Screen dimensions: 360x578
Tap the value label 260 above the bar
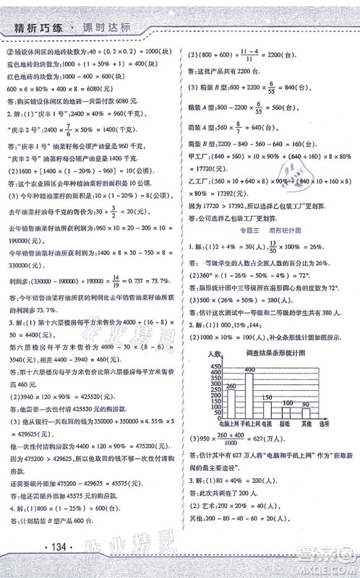click(x=231, y=387)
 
